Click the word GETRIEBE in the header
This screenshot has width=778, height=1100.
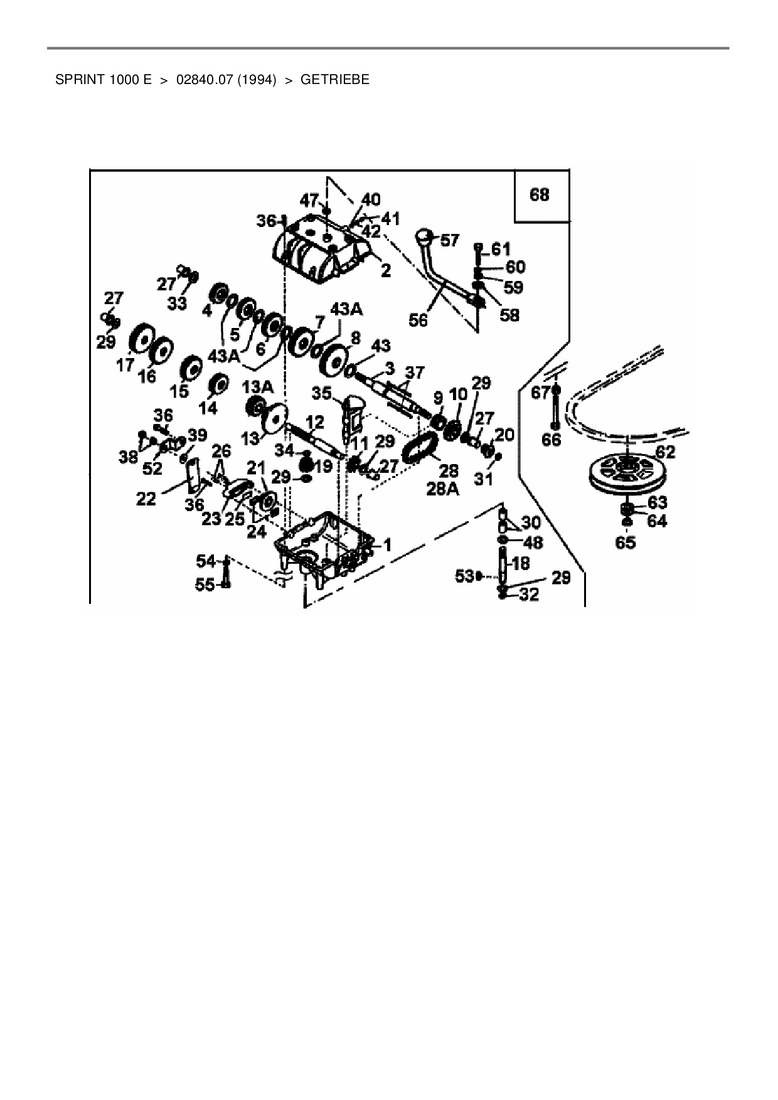(x=335, y=80)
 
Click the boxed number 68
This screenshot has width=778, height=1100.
(x=540, y=195)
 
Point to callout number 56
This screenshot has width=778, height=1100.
(x=418, y=320)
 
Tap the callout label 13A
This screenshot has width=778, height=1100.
(x=258, y=387)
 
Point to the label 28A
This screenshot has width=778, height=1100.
(x=442, y=490)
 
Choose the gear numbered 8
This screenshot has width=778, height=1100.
(x=337, y=361)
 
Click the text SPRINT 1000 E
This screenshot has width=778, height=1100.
(x=104, y=80)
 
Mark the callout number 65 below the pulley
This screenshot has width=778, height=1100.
(x=626, y=542)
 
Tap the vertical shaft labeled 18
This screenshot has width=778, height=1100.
(x=504, y=563)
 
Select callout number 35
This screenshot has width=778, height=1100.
(x=321, y=393)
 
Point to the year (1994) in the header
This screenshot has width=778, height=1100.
(x=257, y=80)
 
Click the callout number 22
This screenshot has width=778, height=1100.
(x=146, y=500)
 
